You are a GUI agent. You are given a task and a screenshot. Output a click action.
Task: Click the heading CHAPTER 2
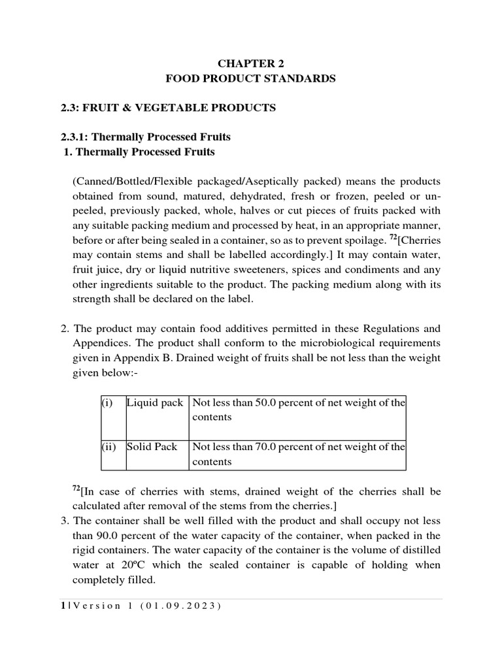coord(250,63)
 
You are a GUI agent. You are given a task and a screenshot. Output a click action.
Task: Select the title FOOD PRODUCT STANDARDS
coord(250,78)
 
